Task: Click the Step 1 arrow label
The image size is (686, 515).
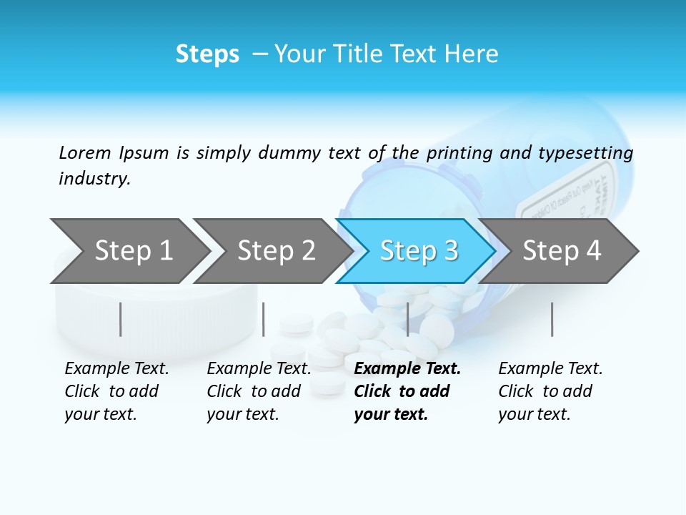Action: [x=134, y=250]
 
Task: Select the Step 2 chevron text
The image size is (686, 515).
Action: [x=277, y=250]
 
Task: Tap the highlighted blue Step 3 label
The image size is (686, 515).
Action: [x=419, y=250]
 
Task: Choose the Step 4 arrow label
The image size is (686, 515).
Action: [x=562, y=250]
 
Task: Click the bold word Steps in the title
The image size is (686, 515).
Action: [x=207, y=54]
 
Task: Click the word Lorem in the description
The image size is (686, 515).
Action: [x=85, y=152]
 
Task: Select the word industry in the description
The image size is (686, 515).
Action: [x=94, y=178]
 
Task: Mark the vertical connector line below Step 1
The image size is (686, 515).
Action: [x=121, y=319]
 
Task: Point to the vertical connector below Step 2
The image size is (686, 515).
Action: [x=264, y=319]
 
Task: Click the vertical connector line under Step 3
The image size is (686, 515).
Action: [x=407, y=319]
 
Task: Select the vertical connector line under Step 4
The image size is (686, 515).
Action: [x=552, y=319]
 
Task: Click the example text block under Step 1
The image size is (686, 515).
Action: [x=116, y=391]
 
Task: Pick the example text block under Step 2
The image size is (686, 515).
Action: [x=259, y=391]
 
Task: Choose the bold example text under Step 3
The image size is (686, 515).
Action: [x=407, y=391]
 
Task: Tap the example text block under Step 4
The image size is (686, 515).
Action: [x=550, y=391]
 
